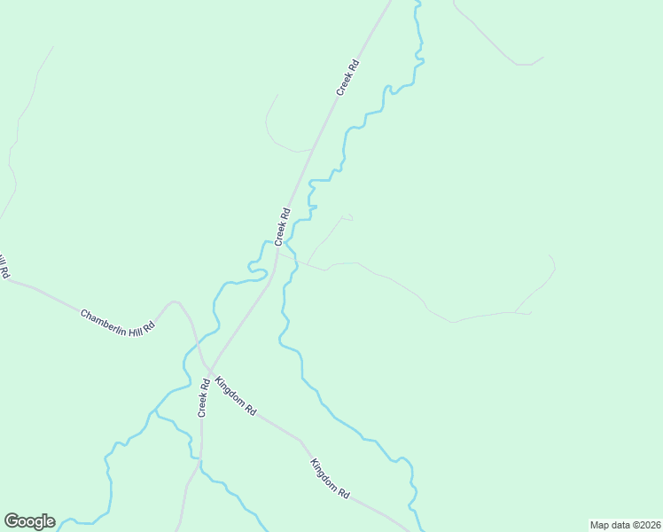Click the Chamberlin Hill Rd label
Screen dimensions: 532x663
[118, 321]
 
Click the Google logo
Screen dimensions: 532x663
[29, 521]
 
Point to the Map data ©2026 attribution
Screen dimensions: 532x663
[625, 525]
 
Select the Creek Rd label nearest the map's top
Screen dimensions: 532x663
[347, 77]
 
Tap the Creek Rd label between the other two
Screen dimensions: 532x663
[283, 226]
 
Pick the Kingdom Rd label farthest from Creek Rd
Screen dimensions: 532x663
[330, 478]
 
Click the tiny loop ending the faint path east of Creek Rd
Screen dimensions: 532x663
[347, 215]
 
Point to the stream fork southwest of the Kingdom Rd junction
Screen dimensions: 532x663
[156, 412]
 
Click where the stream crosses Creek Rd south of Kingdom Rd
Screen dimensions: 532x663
[201, 462]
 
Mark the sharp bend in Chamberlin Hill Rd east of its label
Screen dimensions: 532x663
[174, 301]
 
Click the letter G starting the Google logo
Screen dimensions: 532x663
[12, 521]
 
